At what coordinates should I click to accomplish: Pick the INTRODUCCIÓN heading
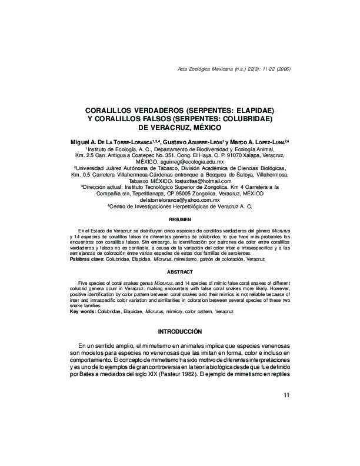tap(179, 331)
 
